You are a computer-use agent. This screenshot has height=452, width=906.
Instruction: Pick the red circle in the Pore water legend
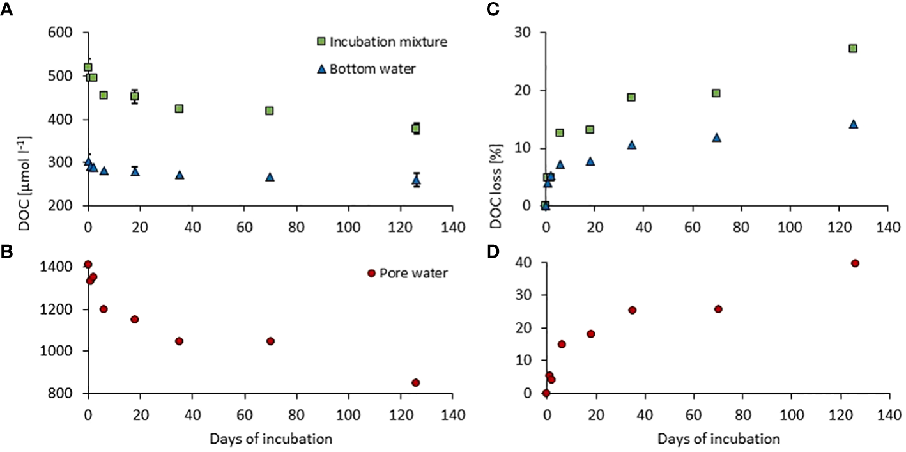[x=371, y=273]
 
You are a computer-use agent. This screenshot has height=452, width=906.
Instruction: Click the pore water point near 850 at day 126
[x=416, y=382]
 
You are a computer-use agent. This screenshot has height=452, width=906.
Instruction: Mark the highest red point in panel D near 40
[x=855, y=263]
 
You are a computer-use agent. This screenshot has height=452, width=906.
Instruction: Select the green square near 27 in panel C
[x=852, y=49]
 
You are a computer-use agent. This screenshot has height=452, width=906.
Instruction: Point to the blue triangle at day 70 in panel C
[x=716, y=137]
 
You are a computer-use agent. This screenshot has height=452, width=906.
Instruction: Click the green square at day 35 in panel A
[x=180, y=109]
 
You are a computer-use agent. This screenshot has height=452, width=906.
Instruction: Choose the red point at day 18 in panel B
[x=135, y=319]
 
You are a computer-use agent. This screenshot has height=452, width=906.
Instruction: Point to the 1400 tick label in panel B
[x=63, y=267]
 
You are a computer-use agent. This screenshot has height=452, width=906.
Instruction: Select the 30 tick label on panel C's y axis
[x=527, y=33]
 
